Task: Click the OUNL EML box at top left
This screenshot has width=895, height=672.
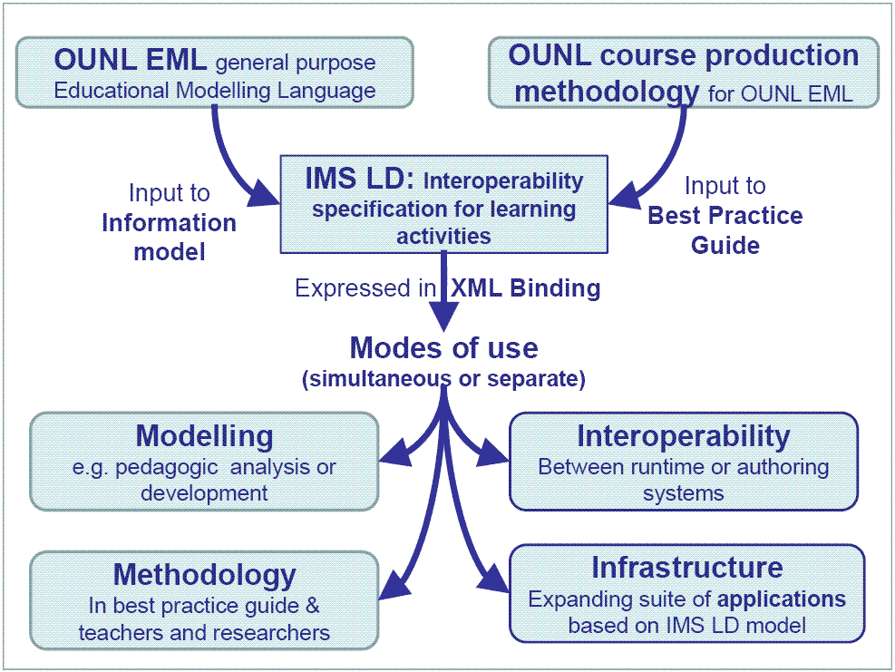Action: (215, 73)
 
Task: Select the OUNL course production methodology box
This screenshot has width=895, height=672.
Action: (684, 73)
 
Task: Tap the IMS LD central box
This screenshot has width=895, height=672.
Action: (444, 204)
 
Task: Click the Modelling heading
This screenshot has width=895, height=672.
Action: (204, 436)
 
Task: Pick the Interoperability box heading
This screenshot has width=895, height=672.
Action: (684, 436)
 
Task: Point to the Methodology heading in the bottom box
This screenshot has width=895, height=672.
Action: (204, 575)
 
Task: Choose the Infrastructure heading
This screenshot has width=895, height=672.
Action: (687, 568)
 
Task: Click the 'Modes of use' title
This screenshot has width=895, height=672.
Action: (444, 347)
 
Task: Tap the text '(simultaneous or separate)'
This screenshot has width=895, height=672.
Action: (444, 378)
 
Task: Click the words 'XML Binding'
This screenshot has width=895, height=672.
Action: (526, 287)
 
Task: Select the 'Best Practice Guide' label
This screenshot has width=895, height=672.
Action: (725, 230)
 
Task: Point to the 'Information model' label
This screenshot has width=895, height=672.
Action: (170, 238)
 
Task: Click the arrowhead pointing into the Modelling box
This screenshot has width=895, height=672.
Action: (396, 453)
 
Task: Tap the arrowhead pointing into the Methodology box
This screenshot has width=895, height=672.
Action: (395, 585)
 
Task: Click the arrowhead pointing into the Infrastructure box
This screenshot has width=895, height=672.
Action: (492, 579)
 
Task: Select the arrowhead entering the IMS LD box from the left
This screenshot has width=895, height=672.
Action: (264, 193)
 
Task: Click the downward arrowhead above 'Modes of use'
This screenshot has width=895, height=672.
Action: (443, 317)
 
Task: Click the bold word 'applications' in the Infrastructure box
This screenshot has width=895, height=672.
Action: (782, 599)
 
